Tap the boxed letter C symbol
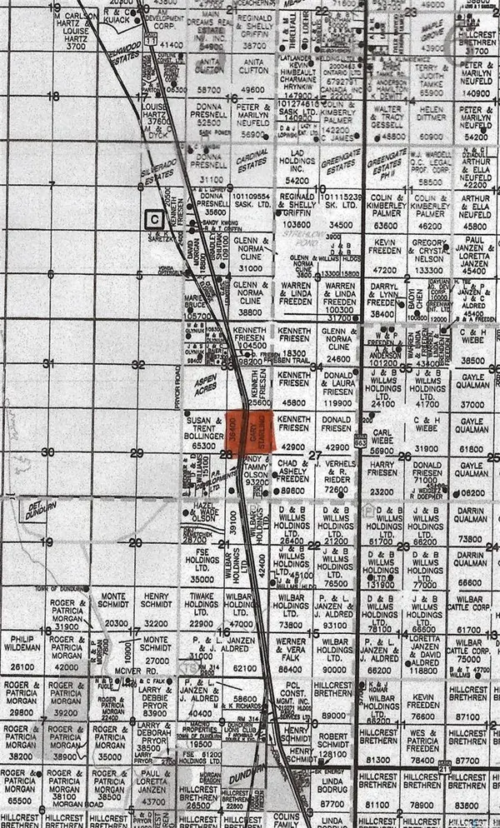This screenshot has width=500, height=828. pyautogui.click(x=153, y=220)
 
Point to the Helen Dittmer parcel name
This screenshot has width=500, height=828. pyautogui.click(x=432, y=113)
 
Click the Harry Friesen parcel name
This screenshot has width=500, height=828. pyautogui.click(x=382, y=469)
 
